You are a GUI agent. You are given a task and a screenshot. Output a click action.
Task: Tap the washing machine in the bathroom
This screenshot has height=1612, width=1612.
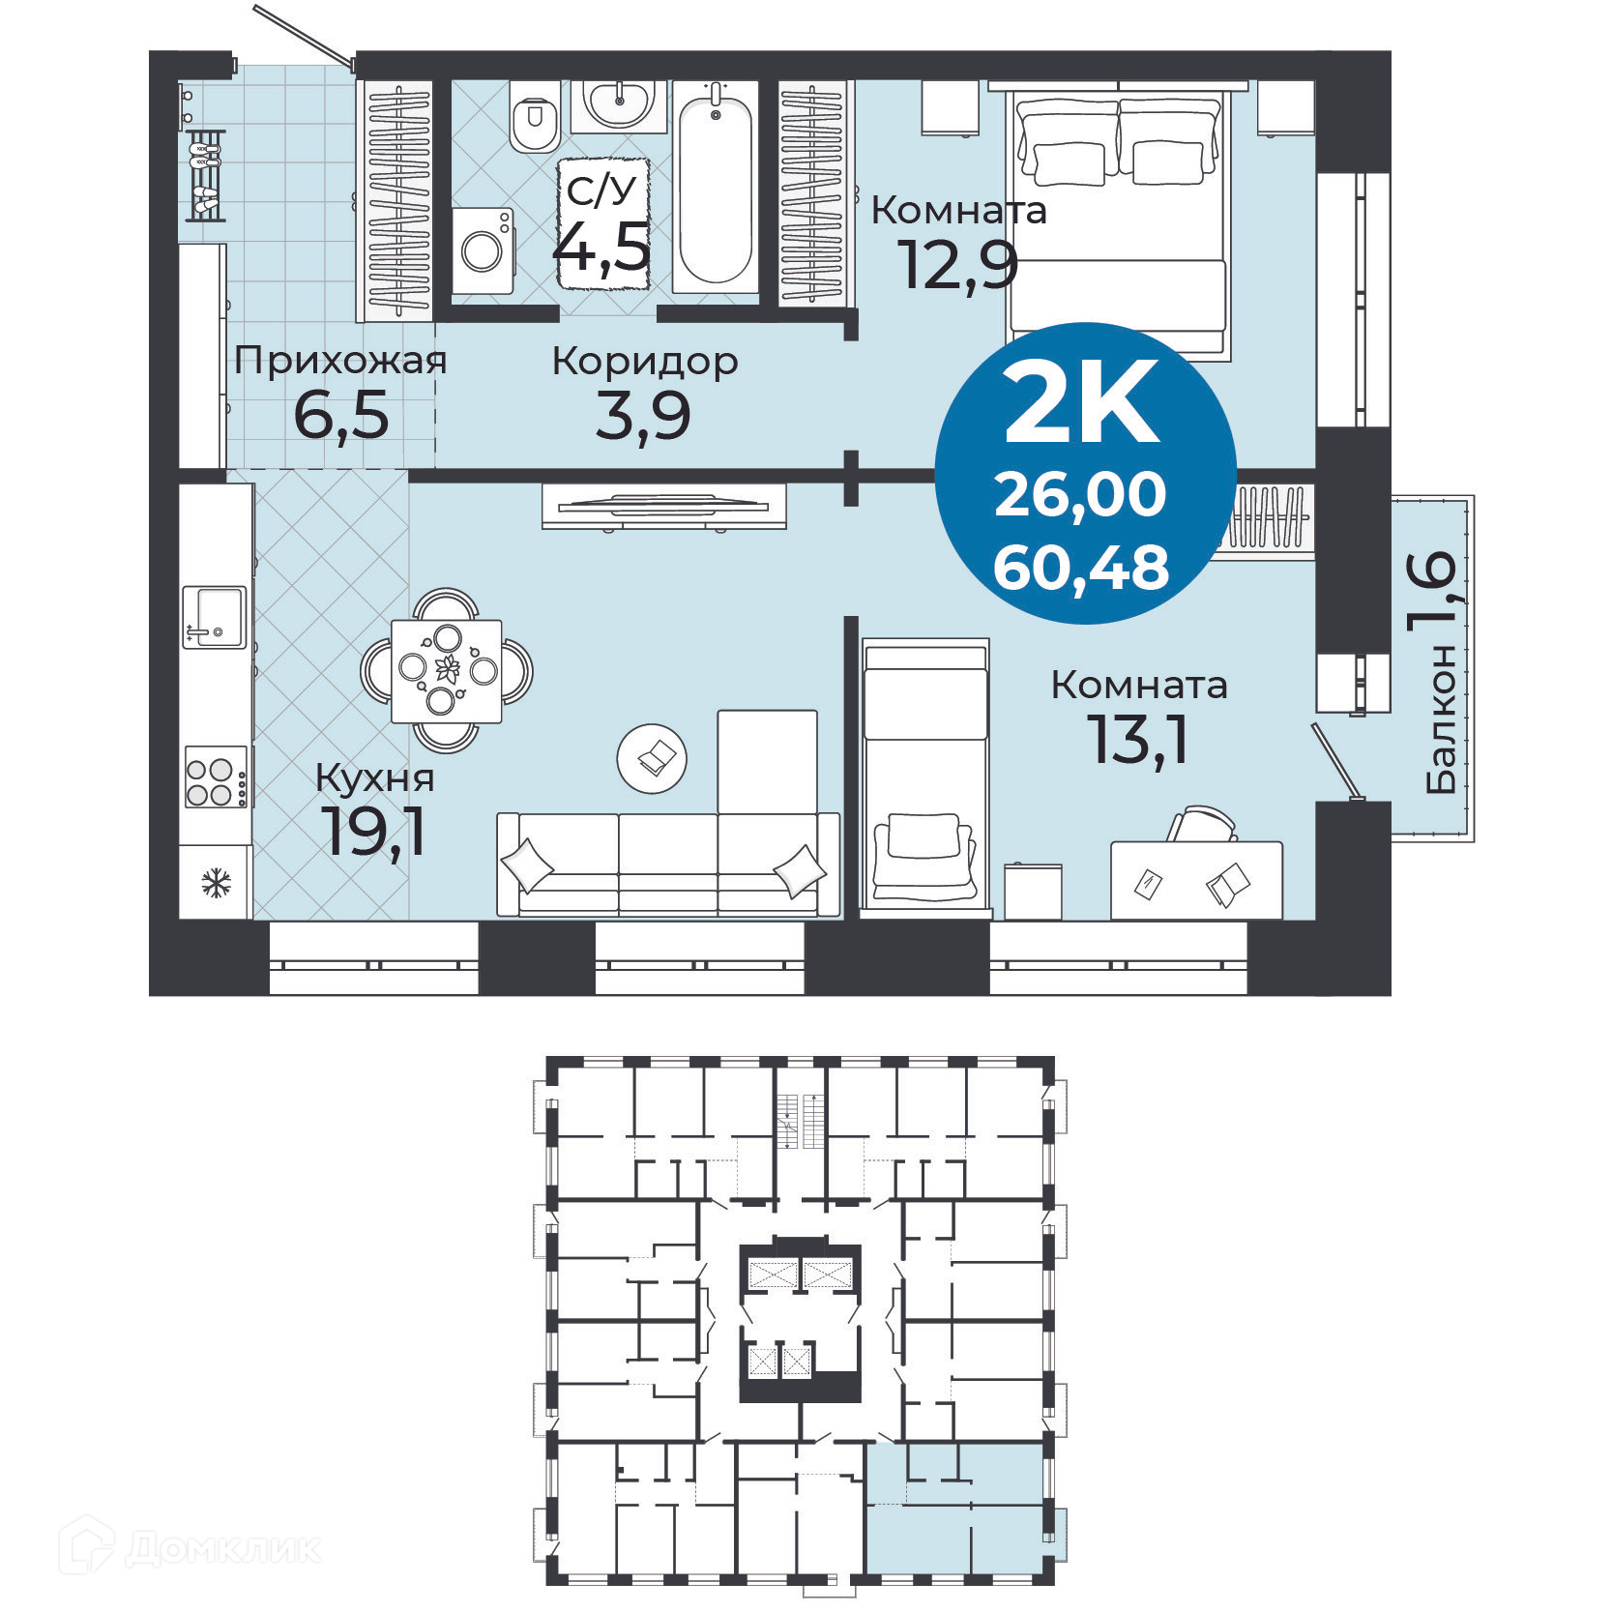tap(483, 250)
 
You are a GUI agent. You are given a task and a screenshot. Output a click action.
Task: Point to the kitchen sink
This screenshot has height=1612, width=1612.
tap(214, 616)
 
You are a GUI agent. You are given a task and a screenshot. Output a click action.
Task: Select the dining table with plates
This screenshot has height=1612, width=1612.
tap(447, 670)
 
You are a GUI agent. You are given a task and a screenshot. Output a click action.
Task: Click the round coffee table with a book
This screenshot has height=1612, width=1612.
tap(652, 758)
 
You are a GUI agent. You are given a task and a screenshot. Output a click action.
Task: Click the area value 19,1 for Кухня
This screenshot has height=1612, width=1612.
tap(375, 831)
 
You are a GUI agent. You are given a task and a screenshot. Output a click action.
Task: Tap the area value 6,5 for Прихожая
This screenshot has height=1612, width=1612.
tap(341, 416)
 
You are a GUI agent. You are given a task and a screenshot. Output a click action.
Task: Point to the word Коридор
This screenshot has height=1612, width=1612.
tap(645, 362)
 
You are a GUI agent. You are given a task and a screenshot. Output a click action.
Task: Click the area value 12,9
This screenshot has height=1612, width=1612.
tap(957, 264)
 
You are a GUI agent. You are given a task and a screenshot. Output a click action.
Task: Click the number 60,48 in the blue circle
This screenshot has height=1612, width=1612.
tap(1081, 568)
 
